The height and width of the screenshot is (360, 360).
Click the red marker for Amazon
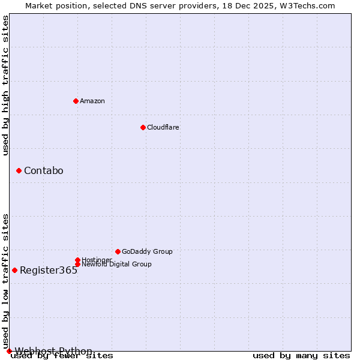tap(76, 101)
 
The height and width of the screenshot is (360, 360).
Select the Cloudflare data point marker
tap(143, 127)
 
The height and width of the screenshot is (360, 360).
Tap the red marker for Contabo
tap(19, 171)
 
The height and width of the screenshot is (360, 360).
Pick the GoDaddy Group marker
tap(118, 251)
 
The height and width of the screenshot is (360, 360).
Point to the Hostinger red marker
tap(77, 260)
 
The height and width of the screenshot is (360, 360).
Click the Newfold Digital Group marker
tap(77, 264)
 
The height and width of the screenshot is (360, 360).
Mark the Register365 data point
tap(14, 270)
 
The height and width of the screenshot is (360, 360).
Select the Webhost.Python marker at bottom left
tap(9, 351)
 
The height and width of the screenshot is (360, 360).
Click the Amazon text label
tap(92, 101)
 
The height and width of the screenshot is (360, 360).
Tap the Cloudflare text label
tap(163, 127)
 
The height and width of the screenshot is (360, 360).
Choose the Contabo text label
tap(44, 171)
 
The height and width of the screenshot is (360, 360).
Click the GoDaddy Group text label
tap(147, 251)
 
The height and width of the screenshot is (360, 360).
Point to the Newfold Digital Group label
tap(116, 264)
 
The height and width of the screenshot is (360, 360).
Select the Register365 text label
tap(49, 270)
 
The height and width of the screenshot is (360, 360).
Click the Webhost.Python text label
tap(53, 351)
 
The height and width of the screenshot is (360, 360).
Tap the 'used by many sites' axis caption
tap(301, 356)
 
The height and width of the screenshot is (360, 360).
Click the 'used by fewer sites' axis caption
tap(62, 356)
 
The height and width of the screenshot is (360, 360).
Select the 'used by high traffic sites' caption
tap(5, 85)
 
